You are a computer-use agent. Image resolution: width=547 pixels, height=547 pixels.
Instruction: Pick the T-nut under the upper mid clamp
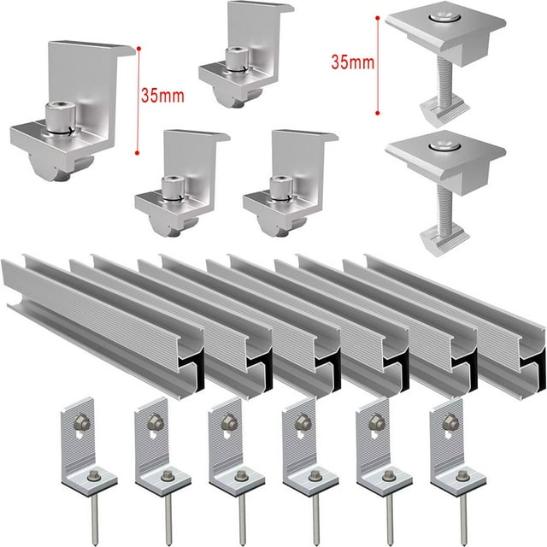pos(444,109)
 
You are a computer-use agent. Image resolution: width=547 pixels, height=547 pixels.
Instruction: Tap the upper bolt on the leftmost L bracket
pos(79,421)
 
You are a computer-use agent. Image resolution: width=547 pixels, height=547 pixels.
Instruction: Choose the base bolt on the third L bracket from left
pos(241,474)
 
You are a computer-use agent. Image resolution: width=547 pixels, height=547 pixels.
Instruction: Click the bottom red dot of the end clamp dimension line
pos(138,153)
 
